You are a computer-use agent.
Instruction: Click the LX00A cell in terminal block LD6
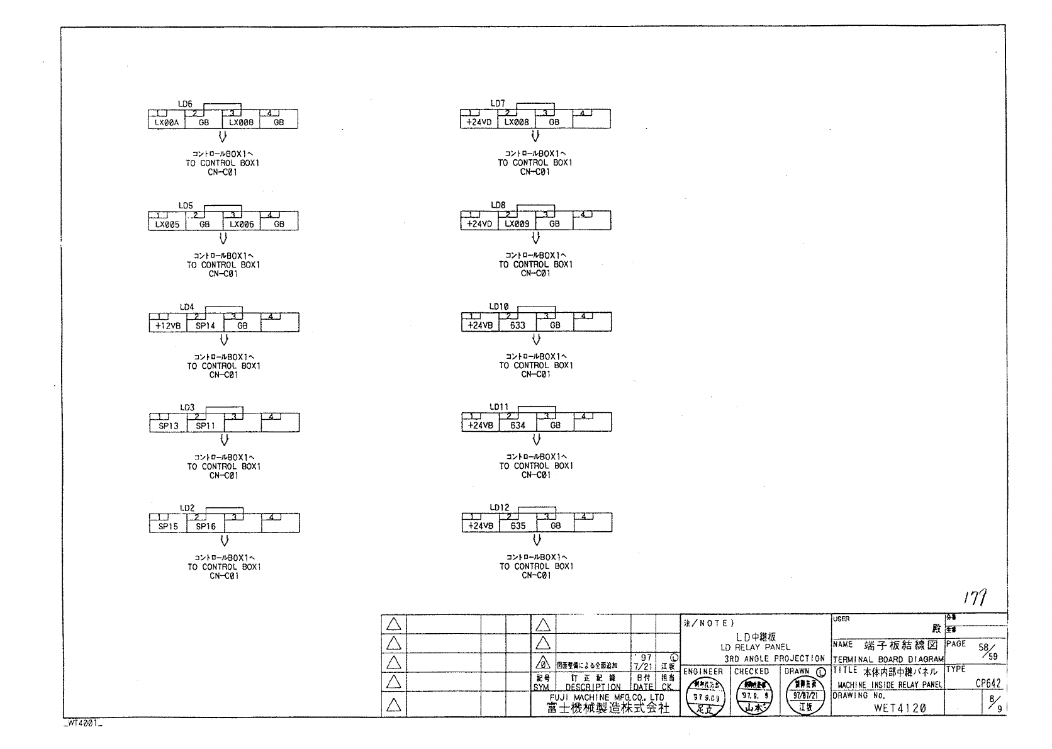pos(167,123)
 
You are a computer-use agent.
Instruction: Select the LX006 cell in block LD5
pos(242,224)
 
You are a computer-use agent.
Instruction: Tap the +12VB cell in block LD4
pos(168,326)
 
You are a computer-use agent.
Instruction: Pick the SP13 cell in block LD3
pos(168,426)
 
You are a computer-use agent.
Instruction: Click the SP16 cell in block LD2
pos(206,527)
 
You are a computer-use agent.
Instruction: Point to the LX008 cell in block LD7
pos(517,123)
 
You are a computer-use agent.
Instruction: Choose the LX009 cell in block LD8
pos(517,224)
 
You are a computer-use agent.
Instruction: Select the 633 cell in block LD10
pos(518,325)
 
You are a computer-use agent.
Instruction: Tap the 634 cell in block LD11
pos(518,425)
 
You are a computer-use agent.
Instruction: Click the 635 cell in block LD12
pos(518,526)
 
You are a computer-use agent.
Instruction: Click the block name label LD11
pos(499,407)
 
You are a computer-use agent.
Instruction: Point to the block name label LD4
pos(187,307)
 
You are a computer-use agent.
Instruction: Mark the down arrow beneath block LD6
pos(222,138)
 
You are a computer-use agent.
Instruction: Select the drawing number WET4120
pos(899,708)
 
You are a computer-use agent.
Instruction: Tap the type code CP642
pos(988,684)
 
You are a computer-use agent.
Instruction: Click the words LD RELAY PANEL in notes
pos(755,647)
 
